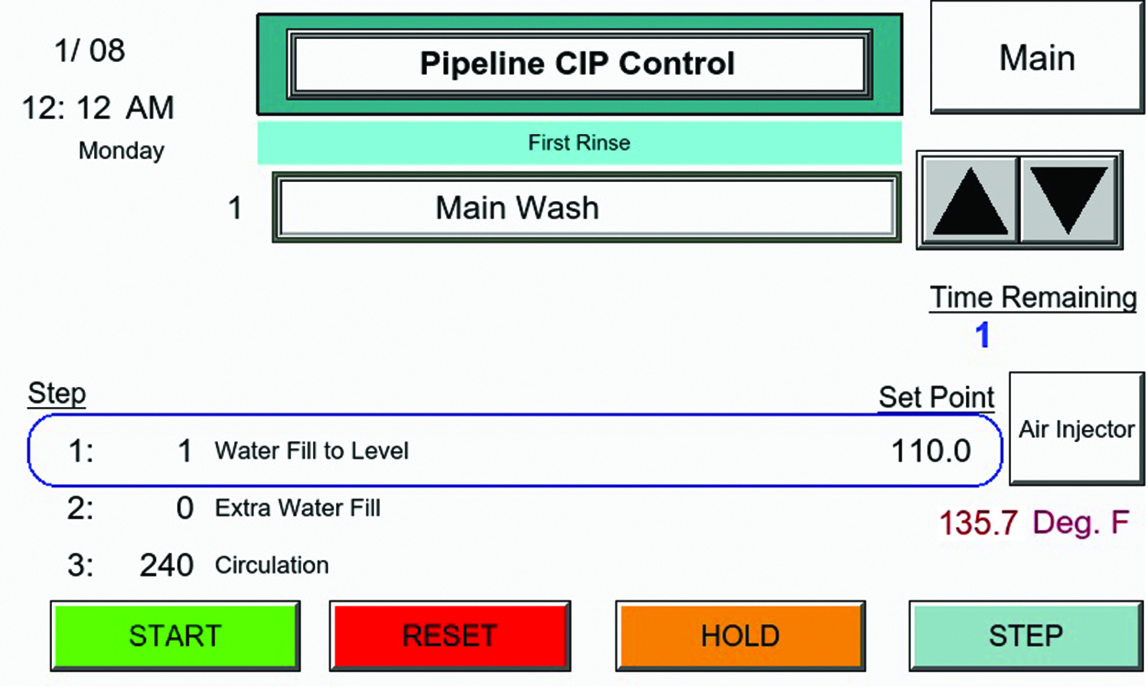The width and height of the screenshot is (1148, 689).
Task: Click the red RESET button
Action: click(x=450, y=636)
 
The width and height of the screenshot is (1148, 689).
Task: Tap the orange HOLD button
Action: click(x=740, y=636)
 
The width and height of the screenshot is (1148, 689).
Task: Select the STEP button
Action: click(x=1026, y=636)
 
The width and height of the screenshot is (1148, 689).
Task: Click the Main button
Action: click(x=1037, y=58)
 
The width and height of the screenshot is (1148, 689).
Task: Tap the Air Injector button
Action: click(x=1076, y=429)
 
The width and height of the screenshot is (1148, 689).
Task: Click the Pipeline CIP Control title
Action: click(x=578, y=63)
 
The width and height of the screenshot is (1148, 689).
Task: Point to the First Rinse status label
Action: click(x=579, y=143)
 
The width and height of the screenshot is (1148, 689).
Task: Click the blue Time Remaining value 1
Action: click(x=983, y=335)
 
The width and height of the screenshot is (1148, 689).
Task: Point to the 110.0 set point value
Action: click(x=931, y=451)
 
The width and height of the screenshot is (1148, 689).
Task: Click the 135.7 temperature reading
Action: click(x=978, y=524)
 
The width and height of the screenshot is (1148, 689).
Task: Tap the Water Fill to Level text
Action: click(x=311, y=451)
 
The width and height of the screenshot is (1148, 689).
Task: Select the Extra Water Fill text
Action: click(x=298, y=509)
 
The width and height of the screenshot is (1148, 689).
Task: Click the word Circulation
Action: click(x=272, y=566)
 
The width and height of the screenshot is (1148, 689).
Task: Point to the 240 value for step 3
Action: click(x=166, y=566)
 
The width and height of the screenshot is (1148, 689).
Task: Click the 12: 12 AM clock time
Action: click(x=98, y=108)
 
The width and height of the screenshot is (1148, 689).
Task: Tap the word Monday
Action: click(x=121, y=151)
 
